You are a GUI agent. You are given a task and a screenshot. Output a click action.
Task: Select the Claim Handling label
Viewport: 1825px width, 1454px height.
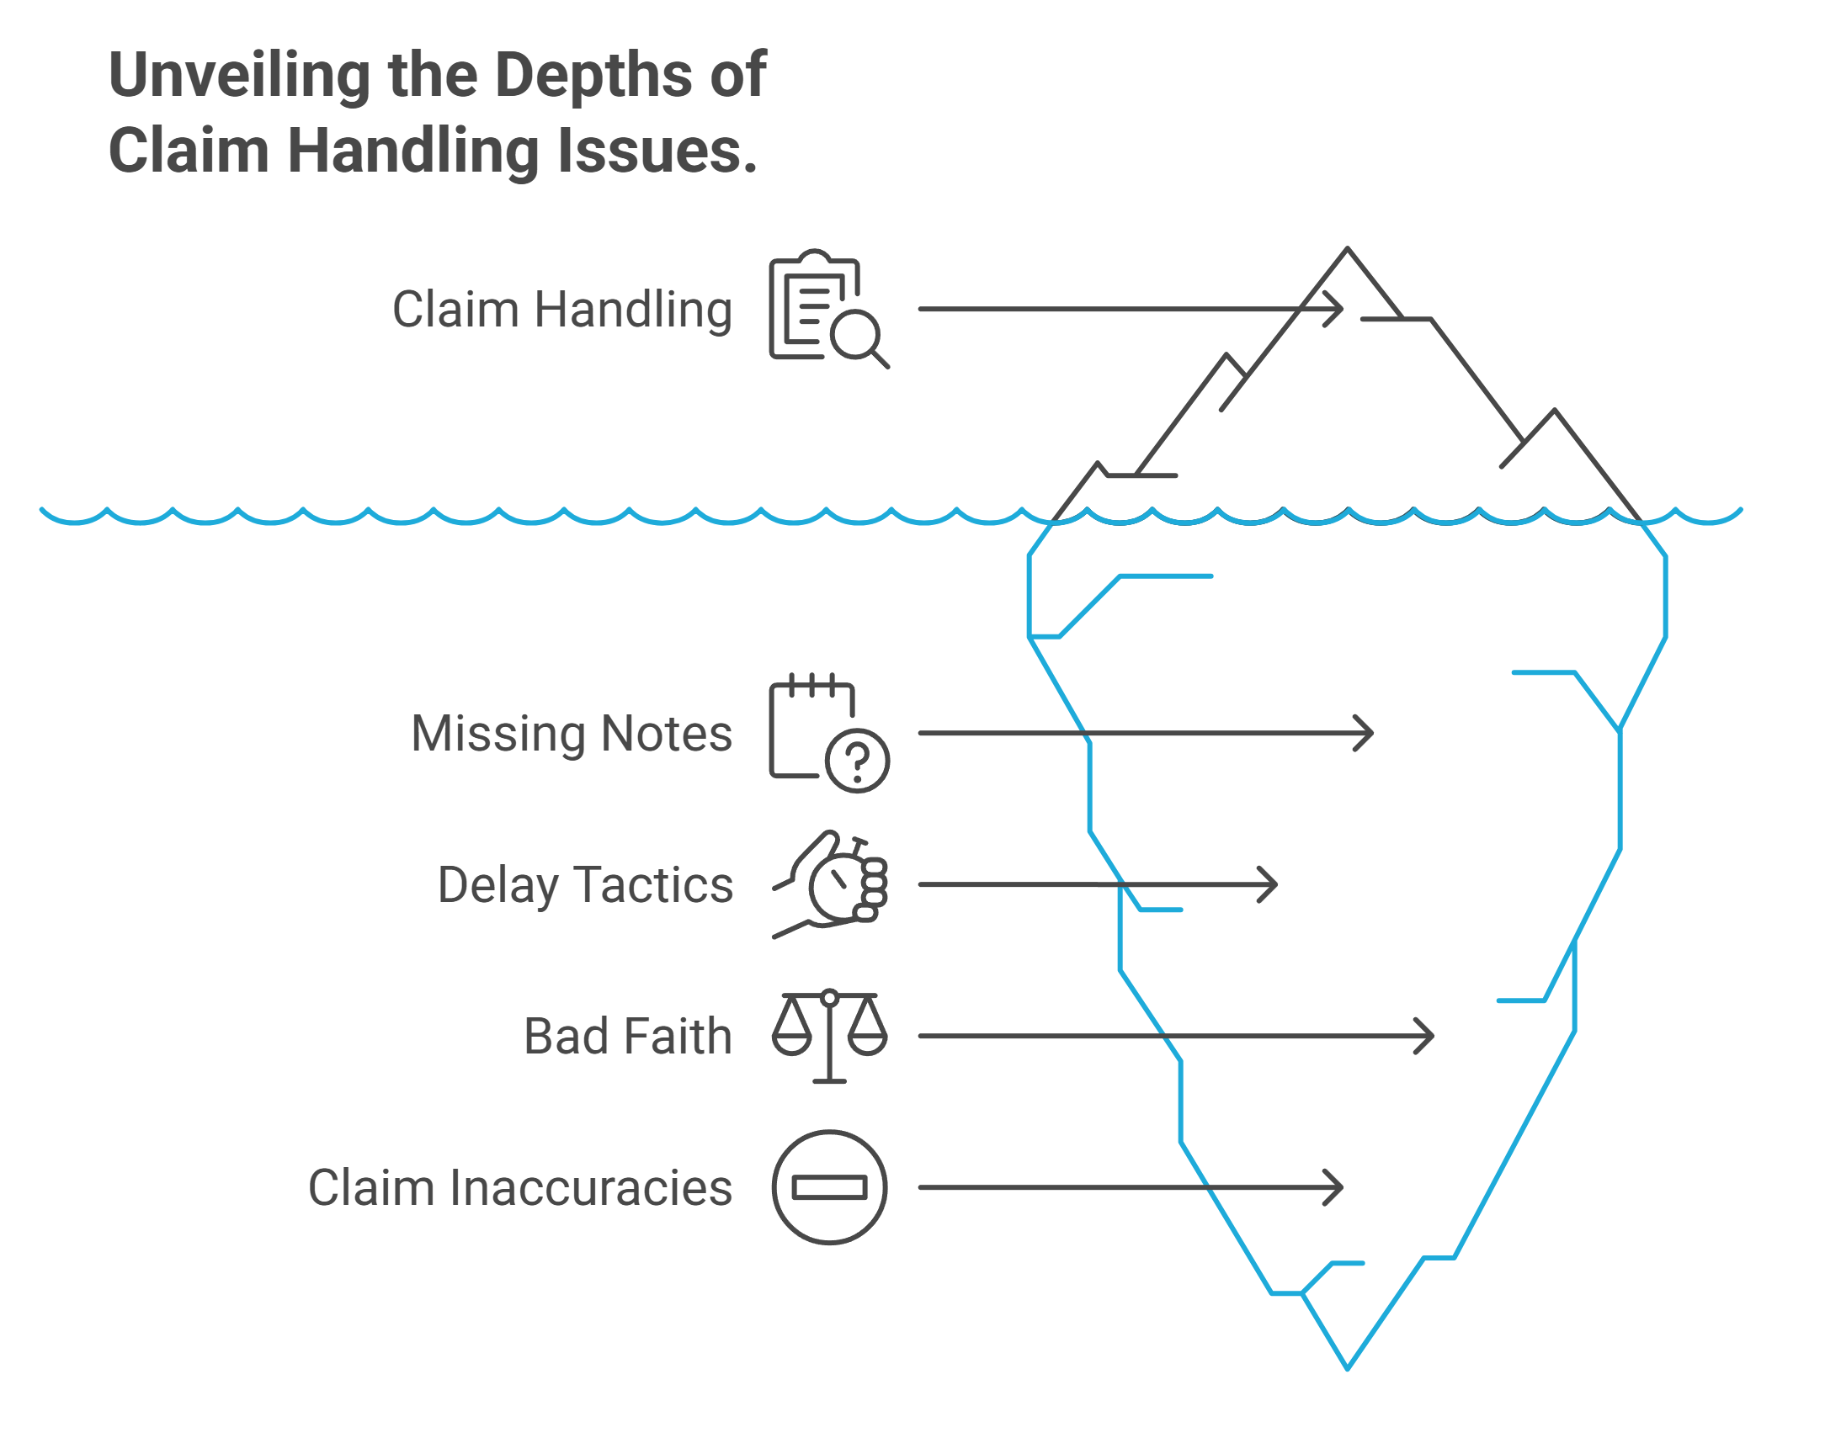tap(562, 310)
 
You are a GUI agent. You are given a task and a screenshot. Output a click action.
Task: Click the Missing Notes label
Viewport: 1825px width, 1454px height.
tap(572, 734)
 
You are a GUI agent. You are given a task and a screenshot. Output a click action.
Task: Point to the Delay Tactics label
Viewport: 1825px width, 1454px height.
tap(585, 886)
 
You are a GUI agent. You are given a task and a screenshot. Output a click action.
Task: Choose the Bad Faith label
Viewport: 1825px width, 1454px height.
tap(628, 1037)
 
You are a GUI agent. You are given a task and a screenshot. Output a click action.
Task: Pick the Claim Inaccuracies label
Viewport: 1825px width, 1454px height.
tap(519, 1188)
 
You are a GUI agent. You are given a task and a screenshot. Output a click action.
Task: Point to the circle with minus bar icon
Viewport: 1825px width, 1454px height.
tap(829, 1188)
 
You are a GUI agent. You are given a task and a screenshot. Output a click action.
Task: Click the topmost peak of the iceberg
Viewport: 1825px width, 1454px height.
tap(1348, 249)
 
